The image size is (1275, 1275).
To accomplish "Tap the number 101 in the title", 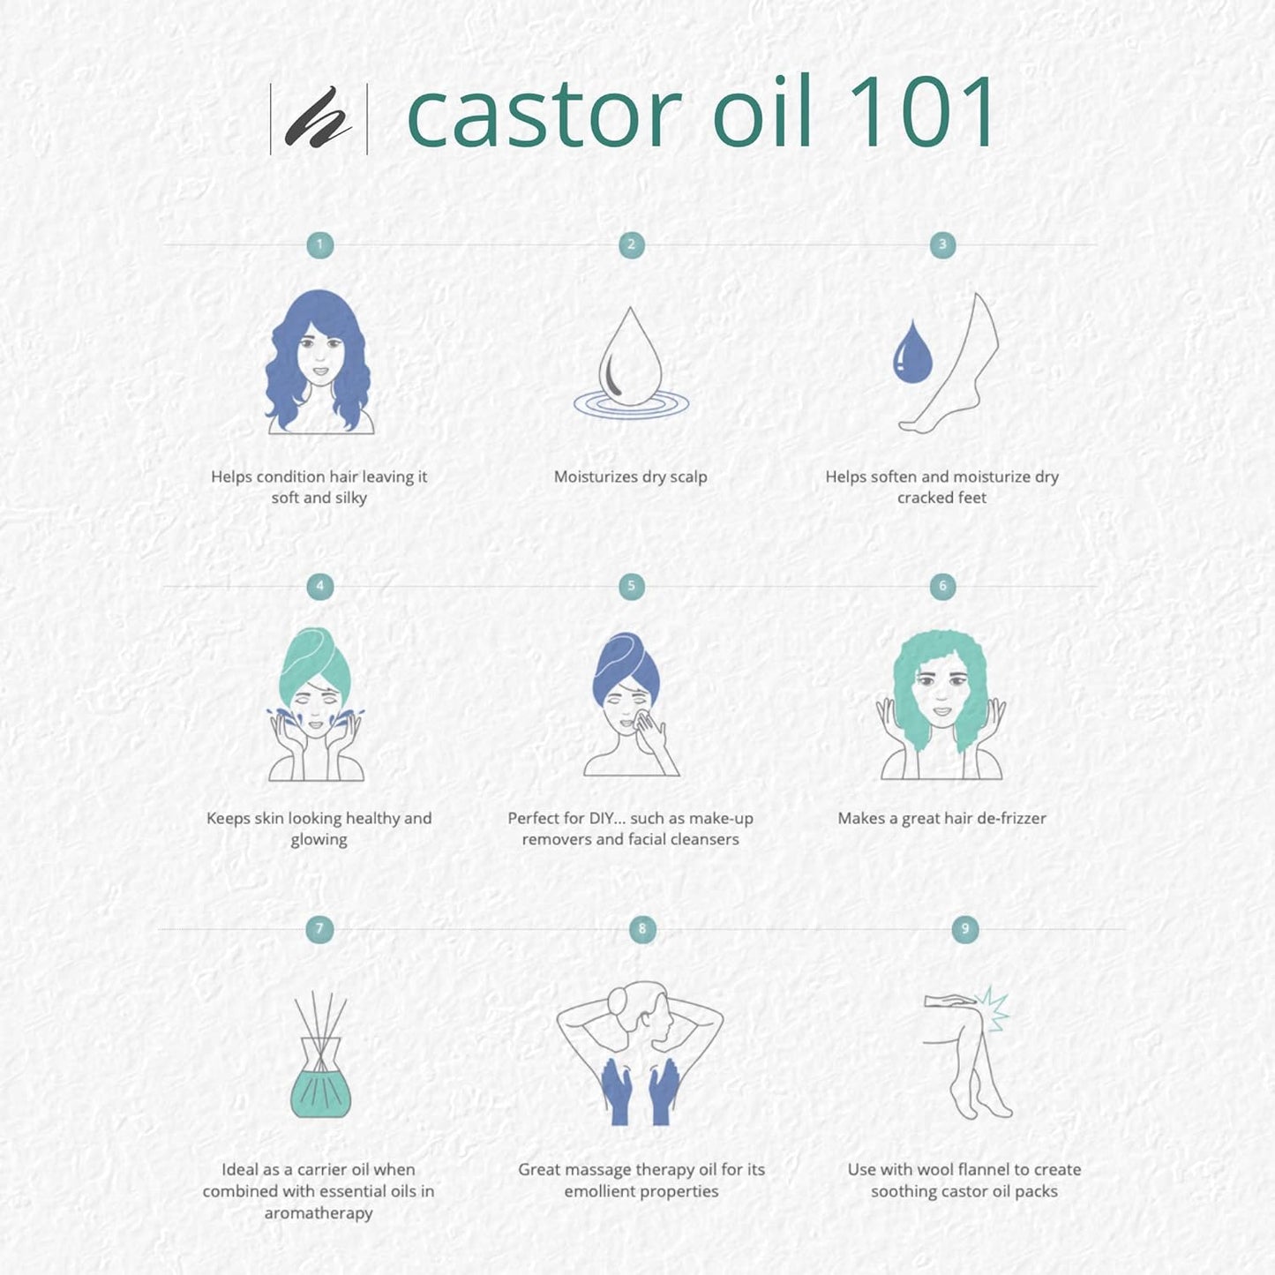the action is [920, 110].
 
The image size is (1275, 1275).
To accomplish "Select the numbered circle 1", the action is [319, 244].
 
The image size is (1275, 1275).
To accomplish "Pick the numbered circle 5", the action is [631, 586].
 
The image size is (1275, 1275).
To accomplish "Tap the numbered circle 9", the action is [964, 929].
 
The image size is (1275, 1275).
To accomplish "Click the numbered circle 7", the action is [319, 929].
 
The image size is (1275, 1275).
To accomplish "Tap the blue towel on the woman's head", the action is [626, 665].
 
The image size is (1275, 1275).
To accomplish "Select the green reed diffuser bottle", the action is [321, 1078].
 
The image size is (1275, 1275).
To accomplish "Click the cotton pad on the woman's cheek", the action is [641, 720].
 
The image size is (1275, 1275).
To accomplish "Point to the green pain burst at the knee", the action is [993, 1009].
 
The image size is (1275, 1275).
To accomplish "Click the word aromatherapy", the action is [319, 1213].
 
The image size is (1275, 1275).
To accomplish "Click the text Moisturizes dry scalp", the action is [631, 477].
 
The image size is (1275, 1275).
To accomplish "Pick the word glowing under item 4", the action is [319, 840].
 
